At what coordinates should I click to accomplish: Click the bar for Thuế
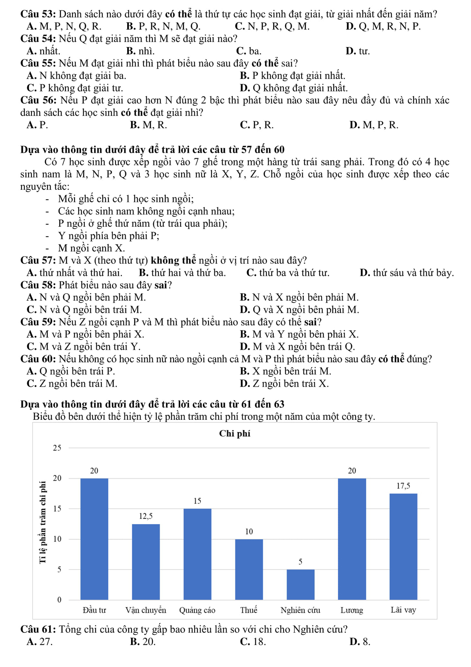coord(249,569)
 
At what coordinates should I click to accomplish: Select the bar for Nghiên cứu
coord(300,584)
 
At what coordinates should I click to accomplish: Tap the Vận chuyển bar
coord(146,562)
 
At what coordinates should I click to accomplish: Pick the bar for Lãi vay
coord(403,546)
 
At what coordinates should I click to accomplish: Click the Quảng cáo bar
coord(197,554)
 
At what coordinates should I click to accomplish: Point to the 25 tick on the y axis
coord(57,448)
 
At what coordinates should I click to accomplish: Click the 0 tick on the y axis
coord(59,600)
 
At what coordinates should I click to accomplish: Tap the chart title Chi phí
coord(235,434)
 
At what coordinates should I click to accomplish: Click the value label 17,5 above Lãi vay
coord(403,486)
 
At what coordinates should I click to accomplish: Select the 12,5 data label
coord(146,516)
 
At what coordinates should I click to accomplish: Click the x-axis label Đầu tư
coord(94,610)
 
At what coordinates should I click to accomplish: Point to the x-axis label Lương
coord(352,610)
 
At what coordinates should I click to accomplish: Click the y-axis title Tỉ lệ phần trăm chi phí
coord(44,524)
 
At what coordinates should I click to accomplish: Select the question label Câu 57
coord(38,261)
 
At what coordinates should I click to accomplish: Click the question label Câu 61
coord(38,630)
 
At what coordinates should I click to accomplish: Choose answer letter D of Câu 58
coord(244,310)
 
